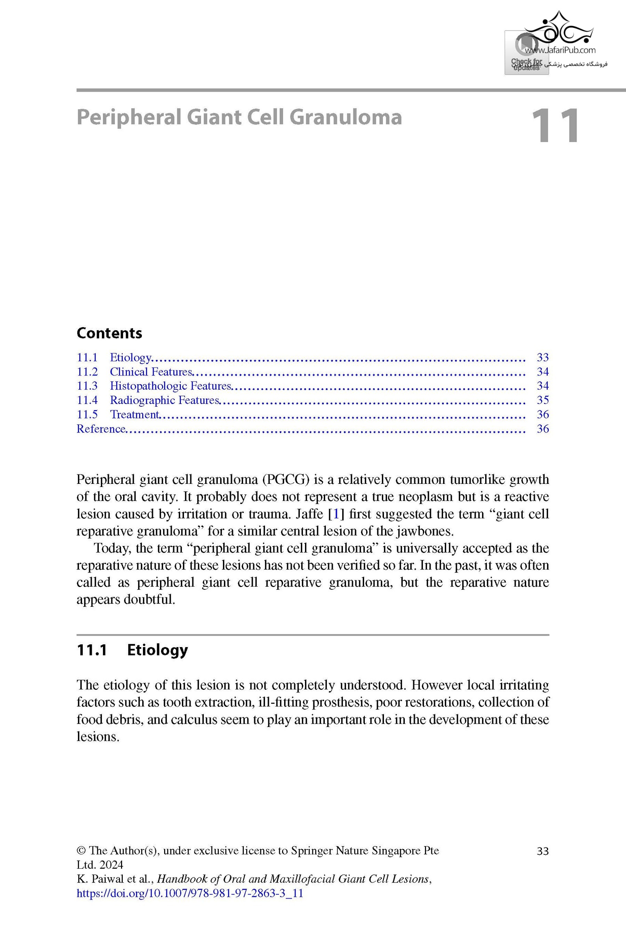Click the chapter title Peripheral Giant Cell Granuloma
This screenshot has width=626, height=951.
239,117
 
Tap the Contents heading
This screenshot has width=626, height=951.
109,333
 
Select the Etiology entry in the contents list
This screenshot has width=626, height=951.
130,357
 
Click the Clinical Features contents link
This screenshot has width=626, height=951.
151,372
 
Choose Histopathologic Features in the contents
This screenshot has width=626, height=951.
170,386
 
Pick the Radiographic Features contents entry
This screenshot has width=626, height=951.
164,400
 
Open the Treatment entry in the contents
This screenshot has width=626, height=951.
134,414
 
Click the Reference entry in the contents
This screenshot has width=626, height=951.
101,429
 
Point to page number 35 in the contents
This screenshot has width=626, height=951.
543,400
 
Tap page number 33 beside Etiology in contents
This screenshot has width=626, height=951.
543,357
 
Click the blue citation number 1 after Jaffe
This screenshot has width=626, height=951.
336,514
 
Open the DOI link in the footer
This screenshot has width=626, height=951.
190,893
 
